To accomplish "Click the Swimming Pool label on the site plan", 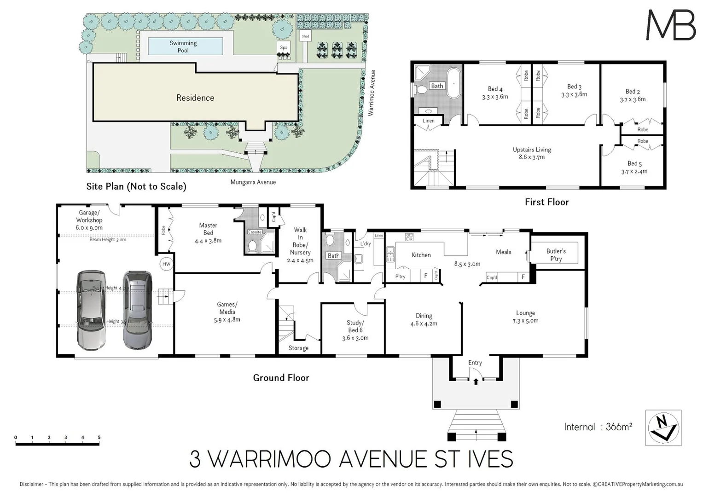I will click(183, 46).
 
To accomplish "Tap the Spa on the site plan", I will click(284, 47).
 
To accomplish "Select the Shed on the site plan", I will click(305, 36).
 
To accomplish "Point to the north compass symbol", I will click(663, 428).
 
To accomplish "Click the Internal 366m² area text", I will click(598, 427).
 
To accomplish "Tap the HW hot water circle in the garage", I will click(166, 264).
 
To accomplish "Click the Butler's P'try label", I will click(556, 255).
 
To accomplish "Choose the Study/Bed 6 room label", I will click(355, 330).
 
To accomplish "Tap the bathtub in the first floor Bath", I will click(454, 83).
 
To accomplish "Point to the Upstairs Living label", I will click(532, 153).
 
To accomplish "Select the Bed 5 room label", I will click(634, 167).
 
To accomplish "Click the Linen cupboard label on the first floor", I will click(428, 121).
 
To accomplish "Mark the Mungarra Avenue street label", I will click(253, 182).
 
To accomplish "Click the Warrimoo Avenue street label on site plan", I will click(372, 92).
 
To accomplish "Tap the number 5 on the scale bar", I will click(99, 438).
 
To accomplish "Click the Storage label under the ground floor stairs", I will click(298, 348).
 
